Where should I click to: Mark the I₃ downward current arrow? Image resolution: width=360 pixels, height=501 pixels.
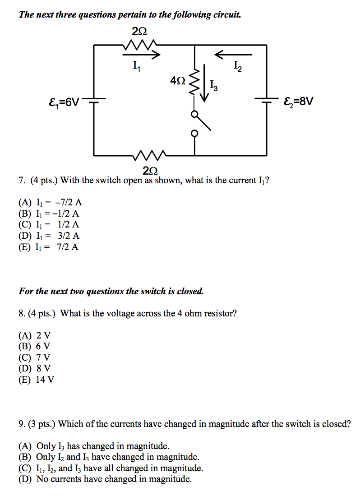point(206,83)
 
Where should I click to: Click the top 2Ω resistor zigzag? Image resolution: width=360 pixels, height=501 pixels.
point(139,45)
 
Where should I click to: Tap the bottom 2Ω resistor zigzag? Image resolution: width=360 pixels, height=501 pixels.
point(151,156)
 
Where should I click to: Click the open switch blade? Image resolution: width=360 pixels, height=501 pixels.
point(204,123)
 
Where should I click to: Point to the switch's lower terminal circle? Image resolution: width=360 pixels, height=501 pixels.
point(195,134)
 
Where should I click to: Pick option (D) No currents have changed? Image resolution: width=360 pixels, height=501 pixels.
point(105,479)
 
